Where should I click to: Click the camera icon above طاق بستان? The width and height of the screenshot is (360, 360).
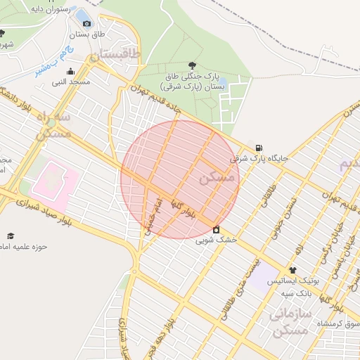click(x=86, y=23)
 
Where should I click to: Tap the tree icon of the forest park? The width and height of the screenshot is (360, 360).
click(x=193, y=65)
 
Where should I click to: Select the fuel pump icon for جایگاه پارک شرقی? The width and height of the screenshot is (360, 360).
click(x=260, y=148)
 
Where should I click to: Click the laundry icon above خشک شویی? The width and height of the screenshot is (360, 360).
click(x=215, y=229)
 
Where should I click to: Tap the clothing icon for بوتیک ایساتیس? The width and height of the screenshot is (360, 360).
click(x=292, y=270)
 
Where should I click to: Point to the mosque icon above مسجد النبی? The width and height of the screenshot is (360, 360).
click(x=70, y=71)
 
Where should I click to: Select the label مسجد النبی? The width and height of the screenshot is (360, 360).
click(x=70, y=82)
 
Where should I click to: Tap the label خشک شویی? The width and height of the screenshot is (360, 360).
click(x=216, y=240)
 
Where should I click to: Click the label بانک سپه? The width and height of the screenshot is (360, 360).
click(x=297, y=292)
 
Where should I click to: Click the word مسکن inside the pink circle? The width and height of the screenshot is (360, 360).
click(x=215, y=179)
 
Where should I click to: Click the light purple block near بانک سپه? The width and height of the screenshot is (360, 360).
click(x=264, y=276)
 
